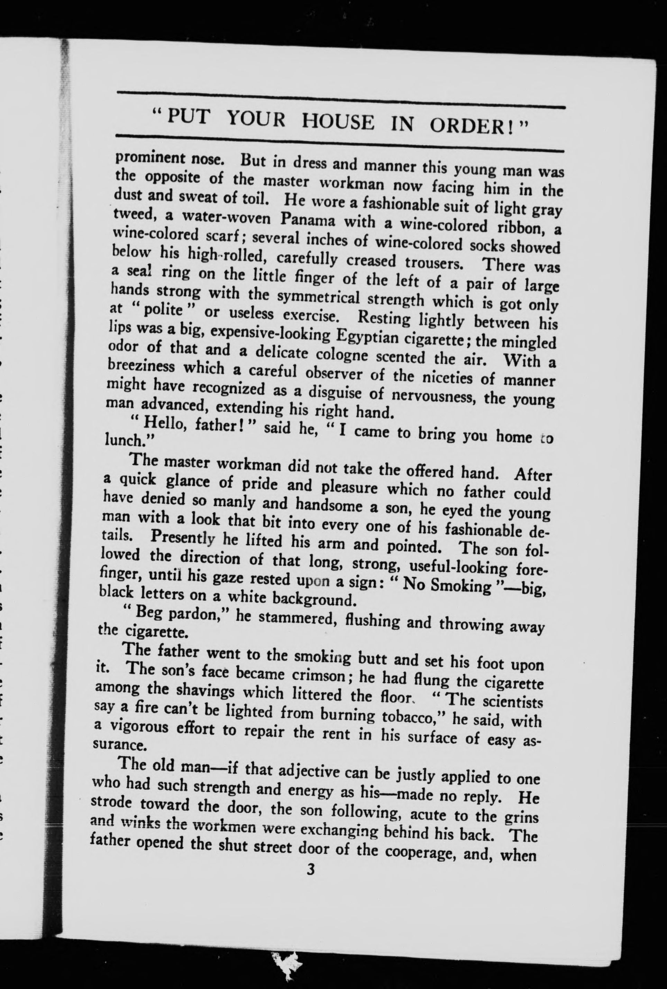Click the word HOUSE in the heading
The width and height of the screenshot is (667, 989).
pos(338,122)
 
